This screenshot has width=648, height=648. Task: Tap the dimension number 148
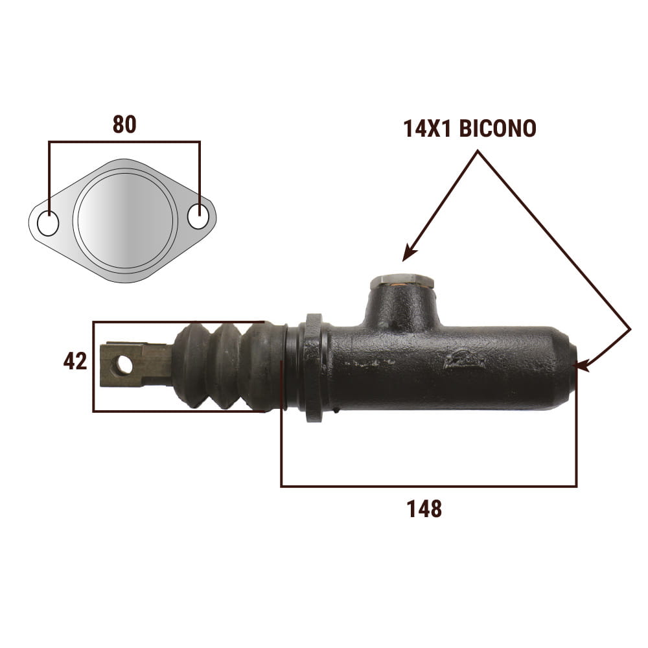pos(424,509)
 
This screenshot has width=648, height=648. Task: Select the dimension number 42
pos(75,361)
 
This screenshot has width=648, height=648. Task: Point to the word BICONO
pos(498,128)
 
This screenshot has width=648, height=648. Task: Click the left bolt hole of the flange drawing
pos(48,224)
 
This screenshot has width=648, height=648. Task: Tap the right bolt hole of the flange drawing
pos(198,216)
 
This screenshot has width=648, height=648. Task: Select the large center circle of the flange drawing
pos(126,220)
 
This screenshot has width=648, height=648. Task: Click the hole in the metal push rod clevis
pos(124,364)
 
